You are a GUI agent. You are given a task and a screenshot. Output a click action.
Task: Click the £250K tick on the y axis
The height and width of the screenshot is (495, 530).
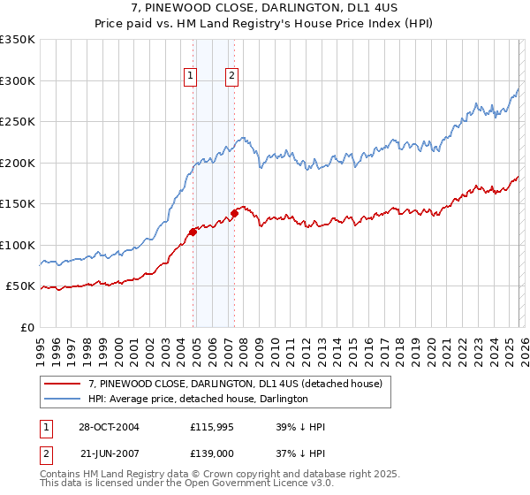point(18,122)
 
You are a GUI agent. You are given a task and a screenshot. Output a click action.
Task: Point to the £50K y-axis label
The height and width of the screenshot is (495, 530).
point(20,286)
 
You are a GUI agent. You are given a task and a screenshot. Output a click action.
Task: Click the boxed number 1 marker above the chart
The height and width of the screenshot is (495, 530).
point(191,77)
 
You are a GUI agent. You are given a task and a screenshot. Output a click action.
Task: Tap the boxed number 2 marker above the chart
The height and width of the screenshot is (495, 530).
point(231,77)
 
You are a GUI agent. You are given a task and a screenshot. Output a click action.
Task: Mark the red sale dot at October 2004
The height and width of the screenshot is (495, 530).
point(193,232)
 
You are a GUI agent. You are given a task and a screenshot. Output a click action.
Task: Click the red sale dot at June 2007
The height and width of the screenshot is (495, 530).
point(234,213)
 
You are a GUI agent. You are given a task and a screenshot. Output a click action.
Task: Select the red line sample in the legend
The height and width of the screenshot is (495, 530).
point(63,384)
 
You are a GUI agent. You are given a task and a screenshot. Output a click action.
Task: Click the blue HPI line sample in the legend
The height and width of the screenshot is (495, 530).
point(63,399)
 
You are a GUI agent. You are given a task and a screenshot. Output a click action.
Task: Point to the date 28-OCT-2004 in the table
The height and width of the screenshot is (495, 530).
point(108,427)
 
